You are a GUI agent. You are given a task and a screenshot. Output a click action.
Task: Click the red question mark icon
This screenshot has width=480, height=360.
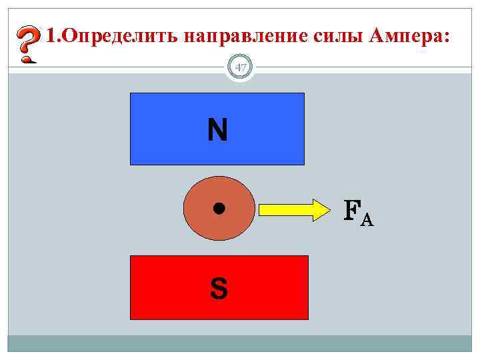pyautogui.click(x=26, y=45)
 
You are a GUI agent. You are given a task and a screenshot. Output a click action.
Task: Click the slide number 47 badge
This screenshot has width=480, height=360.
pyautogui.click(x=241, y=67)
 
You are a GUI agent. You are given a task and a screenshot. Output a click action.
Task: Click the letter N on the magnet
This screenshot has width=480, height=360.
pyautogui.click(x=217, y=131)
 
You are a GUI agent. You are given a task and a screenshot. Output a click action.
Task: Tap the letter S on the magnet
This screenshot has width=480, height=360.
pyautogui.click(x=218, y=289)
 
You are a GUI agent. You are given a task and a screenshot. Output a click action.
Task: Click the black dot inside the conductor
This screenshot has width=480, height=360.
pyautogui.click(x=218, y=209)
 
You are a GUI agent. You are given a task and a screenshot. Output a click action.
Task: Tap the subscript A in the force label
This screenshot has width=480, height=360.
pyautogui.click(x=367, y=219)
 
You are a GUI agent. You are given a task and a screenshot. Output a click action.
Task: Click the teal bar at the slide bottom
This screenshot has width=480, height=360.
pyautogui.click(x=240, y=343)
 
